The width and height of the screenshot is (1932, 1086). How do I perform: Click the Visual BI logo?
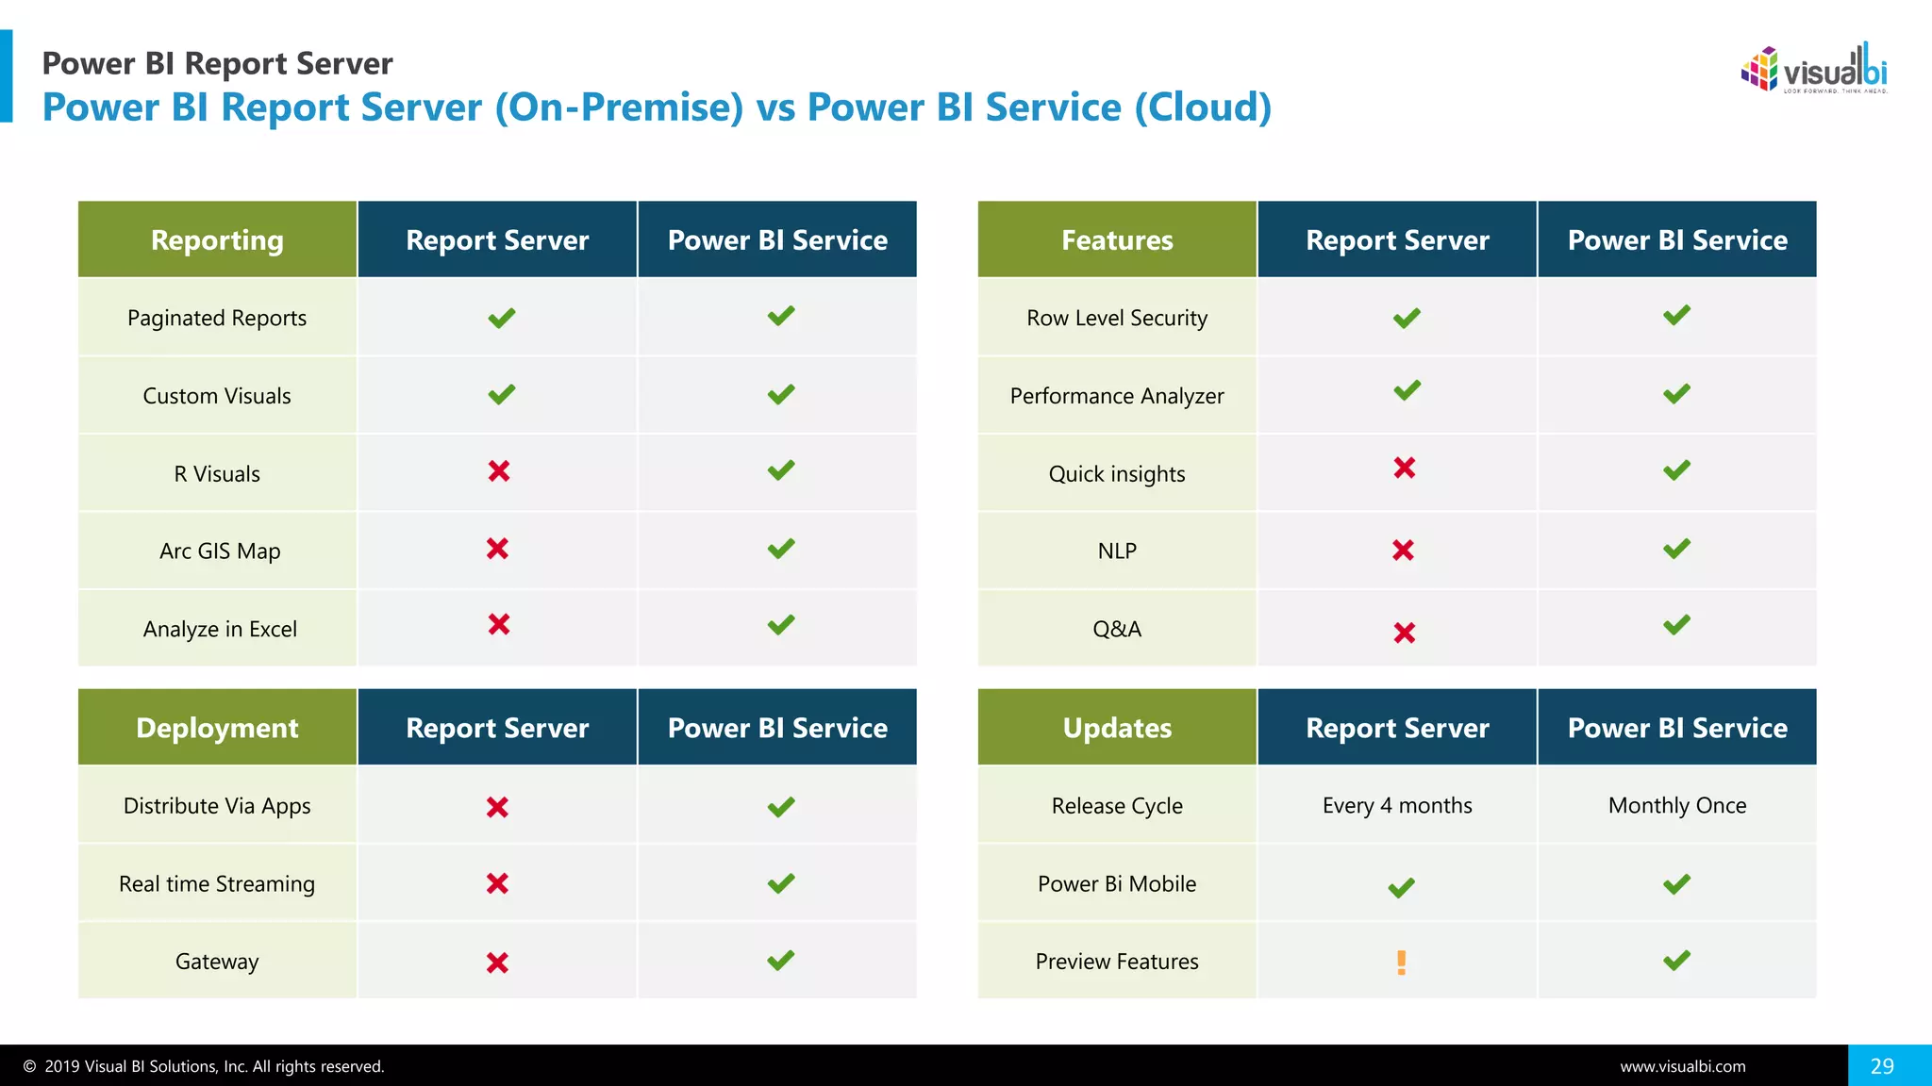(1813, 69)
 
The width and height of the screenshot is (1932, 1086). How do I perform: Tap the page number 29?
(1882, 1066)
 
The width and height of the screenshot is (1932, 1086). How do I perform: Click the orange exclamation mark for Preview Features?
(1401, 962)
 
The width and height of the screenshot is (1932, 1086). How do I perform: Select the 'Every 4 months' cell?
(1397, 806)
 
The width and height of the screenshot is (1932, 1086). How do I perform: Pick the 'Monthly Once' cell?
(1677, 806)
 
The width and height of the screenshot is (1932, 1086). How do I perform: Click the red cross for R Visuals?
(499, 471)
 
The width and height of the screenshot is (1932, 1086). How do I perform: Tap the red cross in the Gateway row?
(497, 963)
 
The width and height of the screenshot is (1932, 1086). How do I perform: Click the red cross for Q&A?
(1405, 633)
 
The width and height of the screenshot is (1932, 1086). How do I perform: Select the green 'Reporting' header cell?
(217, 240)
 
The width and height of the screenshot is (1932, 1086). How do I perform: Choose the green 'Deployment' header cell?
(217, 728)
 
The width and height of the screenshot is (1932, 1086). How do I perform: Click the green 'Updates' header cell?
(1117, 728)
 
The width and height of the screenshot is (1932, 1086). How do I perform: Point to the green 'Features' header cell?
(1117, 240)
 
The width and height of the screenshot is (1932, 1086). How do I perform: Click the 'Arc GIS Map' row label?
(220, 551)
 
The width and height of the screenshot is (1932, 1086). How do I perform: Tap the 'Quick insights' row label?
(1117, 474)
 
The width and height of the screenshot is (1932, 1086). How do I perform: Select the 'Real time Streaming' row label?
(217, 884)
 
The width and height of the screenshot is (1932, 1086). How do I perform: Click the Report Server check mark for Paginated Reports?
(502, 318)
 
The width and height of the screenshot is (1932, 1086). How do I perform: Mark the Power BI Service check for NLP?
(1676, 549)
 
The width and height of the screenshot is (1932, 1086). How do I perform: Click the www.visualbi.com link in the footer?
(1683, 1067)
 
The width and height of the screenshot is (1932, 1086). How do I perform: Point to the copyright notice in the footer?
(204, 1067)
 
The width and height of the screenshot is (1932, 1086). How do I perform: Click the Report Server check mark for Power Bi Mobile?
(1401, 887)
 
